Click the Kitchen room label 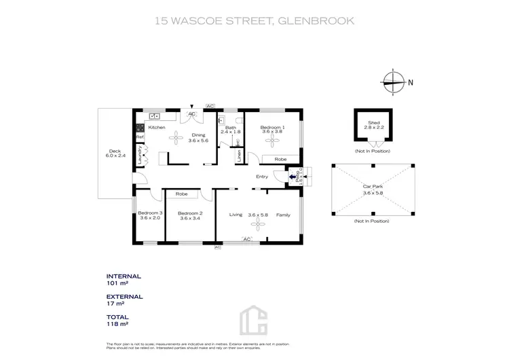pyautogui.click(x=157, y=128)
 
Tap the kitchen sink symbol pyautogui.click(x=153, y=116)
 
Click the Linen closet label pyautogui.click(x=239, y=155)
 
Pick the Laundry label pyautogui.click(x=138, y=155)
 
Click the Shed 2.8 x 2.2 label pyautogui.click(x=373, y=125)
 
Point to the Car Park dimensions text pyautogui.click(x=373, y=193)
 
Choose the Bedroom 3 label pyautogui.click(x=151, y=215)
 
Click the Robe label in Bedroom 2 pyautogui.click(x=181, y=194)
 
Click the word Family pyautogui.click(x=283, y=215)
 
